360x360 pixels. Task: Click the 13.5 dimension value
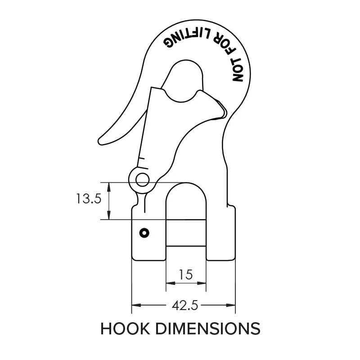pos(89,199)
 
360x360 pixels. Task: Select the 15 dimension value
pos(186,274)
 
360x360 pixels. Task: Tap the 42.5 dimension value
pos(185,306)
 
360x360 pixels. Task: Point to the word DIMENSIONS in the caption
pos(207,329)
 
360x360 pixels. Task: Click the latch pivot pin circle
pos(143,180)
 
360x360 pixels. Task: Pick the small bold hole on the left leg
pos(144,233)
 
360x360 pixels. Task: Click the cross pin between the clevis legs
pos(186,233)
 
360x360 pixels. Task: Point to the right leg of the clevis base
pos(220,234)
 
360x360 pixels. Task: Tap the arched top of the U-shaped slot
pos(186,184)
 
